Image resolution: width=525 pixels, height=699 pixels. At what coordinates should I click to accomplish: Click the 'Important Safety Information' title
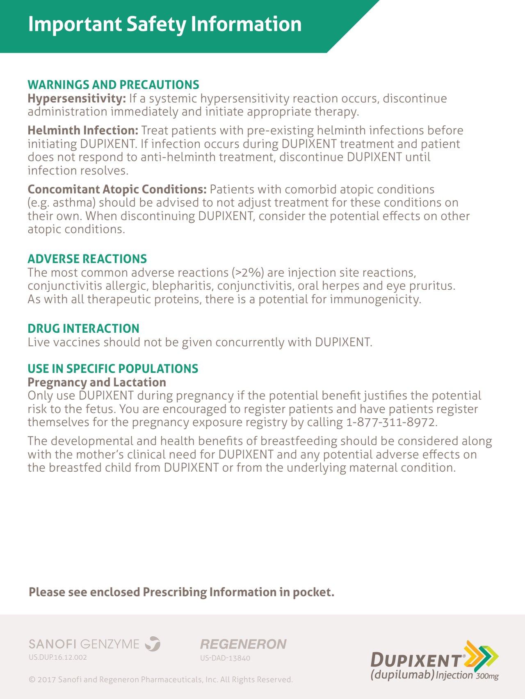(164, 24)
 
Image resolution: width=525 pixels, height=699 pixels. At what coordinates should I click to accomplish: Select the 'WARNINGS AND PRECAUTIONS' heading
(113, 85)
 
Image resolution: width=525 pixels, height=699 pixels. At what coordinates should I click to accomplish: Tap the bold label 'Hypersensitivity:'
(77, 99)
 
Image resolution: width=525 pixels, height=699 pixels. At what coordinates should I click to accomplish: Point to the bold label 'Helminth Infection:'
(83, 130)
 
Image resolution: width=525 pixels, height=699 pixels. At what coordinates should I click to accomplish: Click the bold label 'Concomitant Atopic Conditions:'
(117, 189)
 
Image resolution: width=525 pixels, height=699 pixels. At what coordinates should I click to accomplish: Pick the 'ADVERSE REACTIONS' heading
(87, 259)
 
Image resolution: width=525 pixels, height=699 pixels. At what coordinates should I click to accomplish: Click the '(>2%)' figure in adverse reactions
(248, 273)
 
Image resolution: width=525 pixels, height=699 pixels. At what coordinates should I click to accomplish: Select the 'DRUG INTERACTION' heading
(83, 329)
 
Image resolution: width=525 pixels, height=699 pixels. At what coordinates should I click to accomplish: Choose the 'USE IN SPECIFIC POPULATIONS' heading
(113, 369)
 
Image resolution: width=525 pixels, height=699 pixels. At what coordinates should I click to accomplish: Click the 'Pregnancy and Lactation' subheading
(97, 382)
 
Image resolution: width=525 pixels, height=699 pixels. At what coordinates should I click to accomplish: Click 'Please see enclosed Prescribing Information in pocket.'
(181, 592)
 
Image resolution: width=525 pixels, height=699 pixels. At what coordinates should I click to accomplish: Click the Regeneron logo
(243, 644)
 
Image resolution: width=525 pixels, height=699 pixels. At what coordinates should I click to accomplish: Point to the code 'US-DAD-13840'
(225, 658)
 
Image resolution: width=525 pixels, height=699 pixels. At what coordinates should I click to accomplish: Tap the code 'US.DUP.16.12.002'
(58, 657)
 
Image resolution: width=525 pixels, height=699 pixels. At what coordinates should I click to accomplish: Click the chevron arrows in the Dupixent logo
(481, 653)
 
